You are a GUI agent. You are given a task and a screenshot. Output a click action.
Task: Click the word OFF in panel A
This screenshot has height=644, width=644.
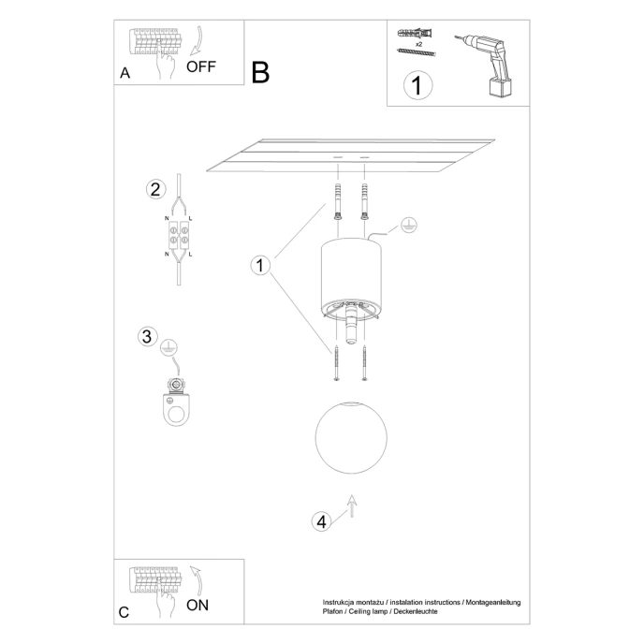201,66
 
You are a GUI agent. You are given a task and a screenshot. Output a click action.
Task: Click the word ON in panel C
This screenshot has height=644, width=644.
198,605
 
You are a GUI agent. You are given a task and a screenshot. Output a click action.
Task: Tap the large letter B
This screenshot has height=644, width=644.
259,72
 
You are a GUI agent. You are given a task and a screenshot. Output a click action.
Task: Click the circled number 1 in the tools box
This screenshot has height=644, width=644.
417,86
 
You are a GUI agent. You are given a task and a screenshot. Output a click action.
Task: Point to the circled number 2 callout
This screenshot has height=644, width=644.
155,189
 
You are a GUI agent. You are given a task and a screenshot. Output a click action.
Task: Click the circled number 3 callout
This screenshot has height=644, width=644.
146,336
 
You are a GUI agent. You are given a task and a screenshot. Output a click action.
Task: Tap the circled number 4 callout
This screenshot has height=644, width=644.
321,521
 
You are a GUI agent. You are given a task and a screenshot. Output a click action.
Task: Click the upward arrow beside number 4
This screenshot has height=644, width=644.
351,505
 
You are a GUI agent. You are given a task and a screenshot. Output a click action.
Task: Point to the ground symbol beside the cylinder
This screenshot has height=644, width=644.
406,225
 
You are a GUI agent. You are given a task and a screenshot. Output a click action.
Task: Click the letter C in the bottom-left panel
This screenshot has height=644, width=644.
124,613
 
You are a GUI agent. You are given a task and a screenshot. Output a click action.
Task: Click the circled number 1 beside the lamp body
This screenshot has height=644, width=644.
260,265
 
